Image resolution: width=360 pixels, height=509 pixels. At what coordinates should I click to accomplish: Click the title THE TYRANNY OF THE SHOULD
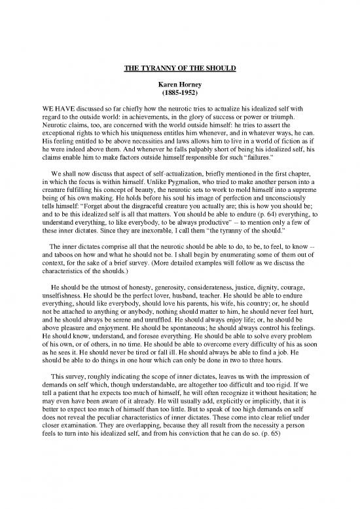179,66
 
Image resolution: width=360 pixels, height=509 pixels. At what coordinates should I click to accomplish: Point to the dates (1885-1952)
179,94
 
